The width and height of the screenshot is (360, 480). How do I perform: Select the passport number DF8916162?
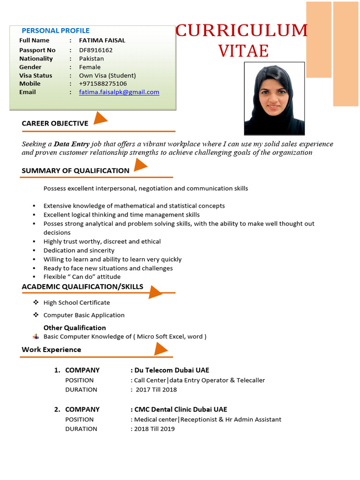(x=96, y=50)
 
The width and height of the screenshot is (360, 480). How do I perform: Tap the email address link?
(x=119, y=92)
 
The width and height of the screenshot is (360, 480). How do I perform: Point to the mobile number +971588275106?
(x=103, y=84)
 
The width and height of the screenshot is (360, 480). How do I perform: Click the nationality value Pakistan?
(x=91, y=59)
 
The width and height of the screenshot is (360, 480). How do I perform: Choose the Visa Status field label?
(x=36, y=75)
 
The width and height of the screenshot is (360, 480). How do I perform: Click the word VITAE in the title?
(x=243, y=51)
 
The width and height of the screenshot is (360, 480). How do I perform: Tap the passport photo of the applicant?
(x=274, y=99)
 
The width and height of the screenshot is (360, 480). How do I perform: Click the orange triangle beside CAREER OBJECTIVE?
(x=99, y=119)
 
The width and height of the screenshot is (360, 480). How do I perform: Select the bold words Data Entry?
(x=71, y=144)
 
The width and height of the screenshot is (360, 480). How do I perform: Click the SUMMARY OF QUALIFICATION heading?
(x=75, y=171)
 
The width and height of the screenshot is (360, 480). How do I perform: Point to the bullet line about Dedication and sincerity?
(x=79, y=250)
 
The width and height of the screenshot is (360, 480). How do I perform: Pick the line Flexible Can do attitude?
(x=82, y=277)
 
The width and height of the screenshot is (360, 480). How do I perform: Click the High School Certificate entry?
(x=76, y=303)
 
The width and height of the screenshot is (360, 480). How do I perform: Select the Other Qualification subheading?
(x=75, y=328)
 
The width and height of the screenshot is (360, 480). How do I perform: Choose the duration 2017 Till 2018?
(x=156, y=390)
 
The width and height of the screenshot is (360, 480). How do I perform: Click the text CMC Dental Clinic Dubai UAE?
(x=180, y=409)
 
